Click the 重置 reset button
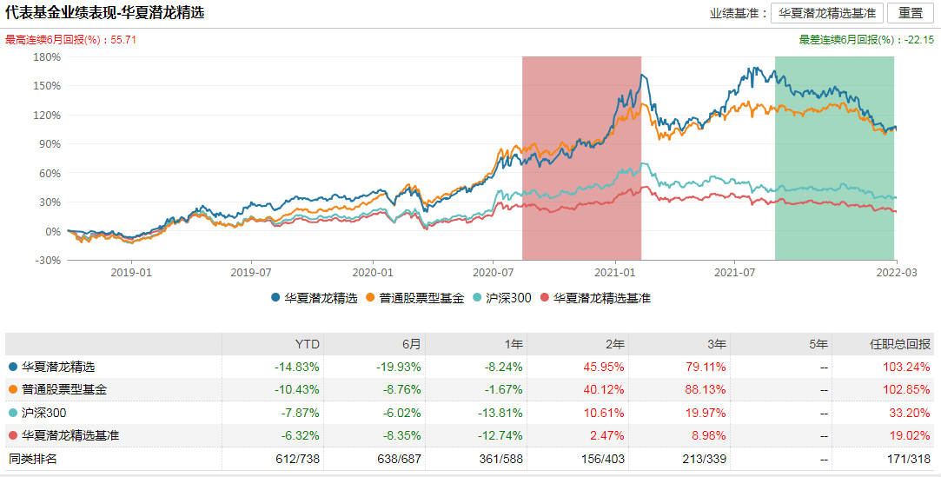pos(911,13)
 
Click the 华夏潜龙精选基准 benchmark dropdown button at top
pos(826,13)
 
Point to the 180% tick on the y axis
pos(47,57)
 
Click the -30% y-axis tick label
pos(47,260)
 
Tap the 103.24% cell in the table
pos(906,367)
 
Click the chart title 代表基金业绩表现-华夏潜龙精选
pos(105,14)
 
